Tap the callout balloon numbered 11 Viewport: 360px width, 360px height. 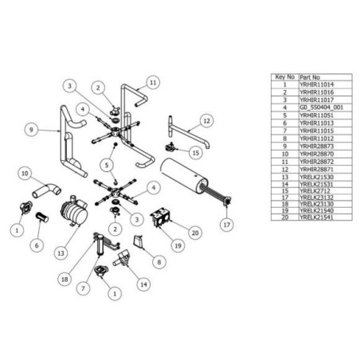pyautogui.click(x=154, y=80)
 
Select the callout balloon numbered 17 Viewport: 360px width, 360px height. pyautogui.click(x=228, y=225)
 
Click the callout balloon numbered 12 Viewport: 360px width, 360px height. pyautogui.click(x=205, y=120)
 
